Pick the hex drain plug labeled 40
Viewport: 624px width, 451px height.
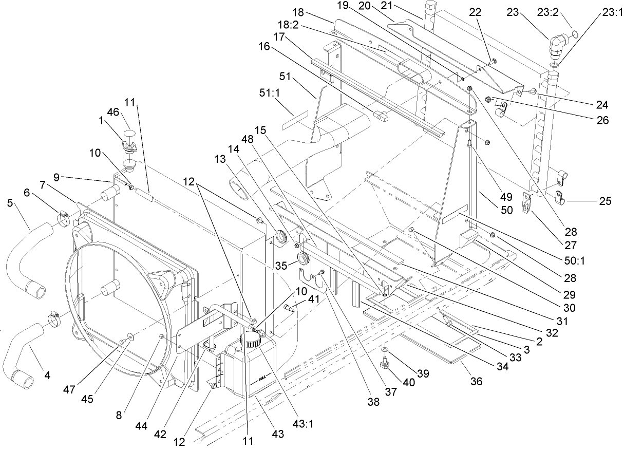[x=383, y=365]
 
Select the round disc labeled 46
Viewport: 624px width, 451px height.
[x=128, y=133]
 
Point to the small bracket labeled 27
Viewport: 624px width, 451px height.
[x=526, y=201]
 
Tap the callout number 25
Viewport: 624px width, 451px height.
[x=605, y=201]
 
